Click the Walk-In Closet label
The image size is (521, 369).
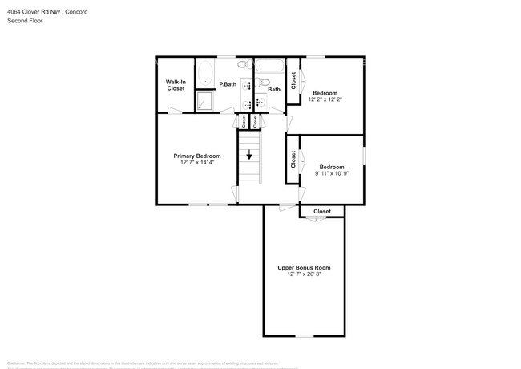pyautogui.click(x=176, y=85)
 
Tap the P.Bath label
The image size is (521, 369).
pyautogui.click(x=228, y=84)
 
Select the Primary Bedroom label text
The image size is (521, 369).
pyautogui.click(x=196, y=156)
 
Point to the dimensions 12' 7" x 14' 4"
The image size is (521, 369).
pyautogui.click(x=196, y=162)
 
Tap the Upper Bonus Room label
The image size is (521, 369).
pyautogui.click(x=304, y=268)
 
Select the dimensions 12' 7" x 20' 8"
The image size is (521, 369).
pyautogui.click(x=304, y=274)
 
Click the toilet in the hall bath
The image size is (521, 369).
pyautogui.click(x=265, y=82)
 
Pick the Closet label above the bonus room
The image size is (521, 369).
pyautogui.click(x=322, y=212)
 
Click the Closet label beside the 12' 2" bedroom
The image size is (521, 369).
pyautogui.click(x=294, y=81)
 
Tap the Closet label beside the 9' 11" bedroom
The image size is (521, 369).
pyautogui.click(x=293, y=159)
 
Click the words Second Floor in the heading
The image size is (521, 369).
pyautogui.click(x=26, y=21)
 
